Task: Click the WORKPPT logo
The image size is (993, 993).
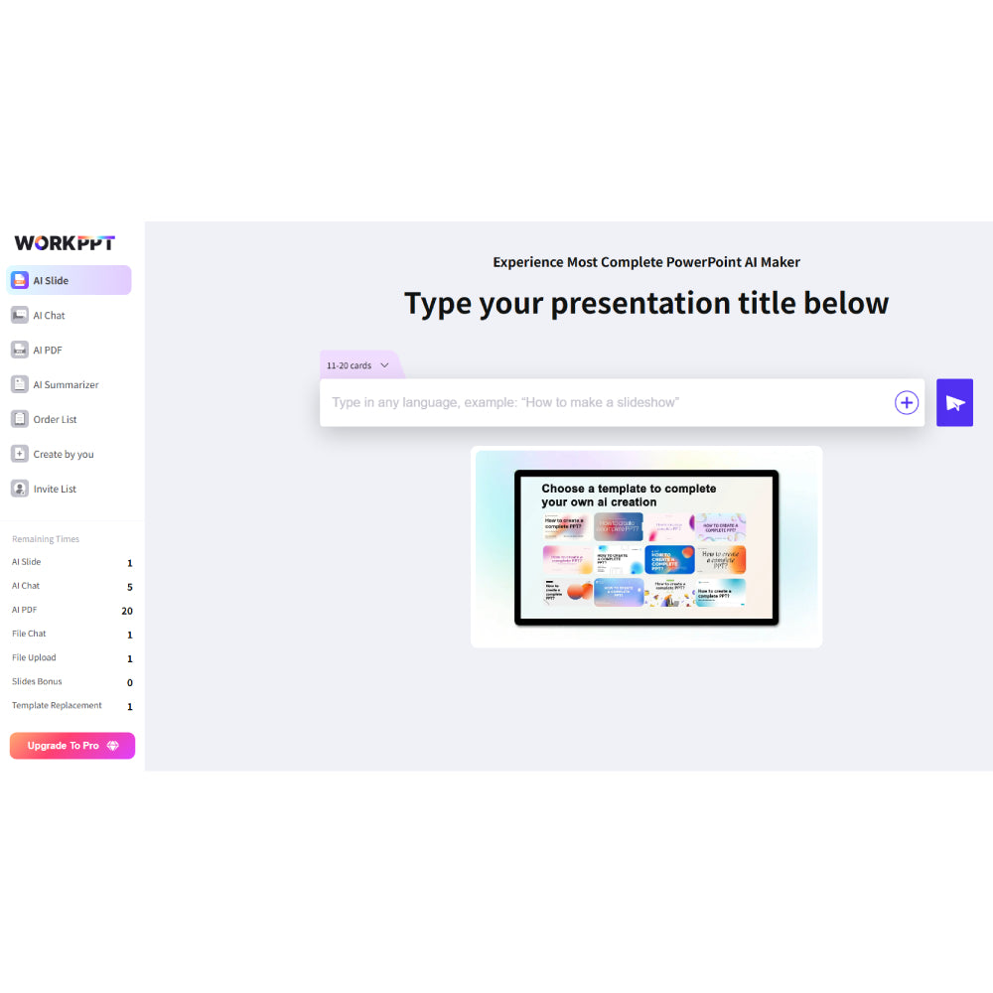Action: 65,243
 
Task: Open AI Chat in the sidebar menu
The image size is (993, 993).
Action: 49,316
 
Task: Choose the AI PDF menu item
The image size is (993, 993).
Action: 48,351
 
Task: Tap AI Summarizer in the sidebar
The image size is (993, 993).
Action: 66,385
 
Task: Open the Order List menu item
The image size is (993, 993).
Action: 55,420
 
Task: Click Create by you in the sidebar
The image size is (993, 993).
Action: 63,455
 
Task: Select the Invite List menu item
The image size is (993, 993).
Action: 55,490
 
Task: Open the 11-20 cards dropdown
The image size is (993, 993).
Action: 358,365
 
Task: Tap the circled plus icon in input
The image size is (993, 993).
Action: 907,403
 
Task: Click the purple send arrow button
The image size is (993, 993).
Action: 954,403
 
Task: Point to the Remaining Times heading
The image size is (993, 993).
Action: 46,539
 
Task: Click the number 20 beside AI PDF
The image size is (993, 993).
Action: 127,611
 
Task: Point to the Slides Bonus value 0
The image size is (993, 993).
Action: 130,683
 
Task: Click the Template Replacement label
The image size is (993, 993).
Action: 57,706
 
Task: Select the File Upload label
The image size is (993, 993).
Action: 34,658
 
